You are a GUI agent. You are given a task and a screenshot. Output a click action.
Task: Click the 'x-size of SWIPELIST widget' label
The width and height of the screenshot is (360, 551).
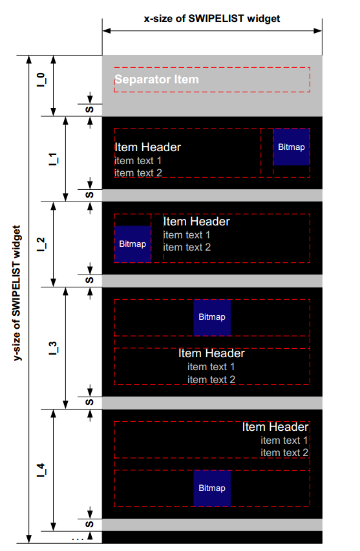212,18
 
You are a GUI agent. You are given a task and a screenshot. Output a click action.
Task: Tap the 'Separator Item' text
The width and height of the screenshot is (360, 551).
156,79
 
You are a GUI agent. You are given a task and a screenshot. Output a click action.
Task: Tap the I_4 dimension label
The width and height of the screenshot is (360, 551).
41,470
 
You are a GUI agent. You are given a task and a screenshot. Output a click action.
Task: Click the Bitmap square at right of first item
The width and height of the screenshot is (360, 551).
291,147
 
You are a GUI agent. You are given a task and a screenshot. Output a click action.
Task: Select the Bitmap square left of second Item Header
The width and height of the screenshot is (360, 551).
132,244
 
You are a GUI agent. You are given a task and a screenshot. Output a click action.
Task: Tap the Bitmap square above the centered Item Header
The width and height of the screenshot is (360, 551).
212,317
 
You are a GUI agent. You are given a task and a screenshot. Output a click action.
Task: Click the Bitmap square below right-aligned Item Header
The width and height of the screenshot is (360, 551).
212,488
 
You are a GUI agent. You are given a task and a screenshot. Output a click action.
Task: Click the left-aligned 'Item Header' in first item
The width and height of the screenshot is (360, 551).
147,147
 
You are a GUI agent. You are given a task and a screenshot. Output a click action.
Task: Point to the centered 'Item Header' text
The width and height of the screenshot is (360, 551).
211,353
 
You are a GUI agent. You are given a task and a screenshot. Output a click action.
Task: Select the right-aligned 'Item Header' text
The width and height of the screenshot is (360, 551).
275,427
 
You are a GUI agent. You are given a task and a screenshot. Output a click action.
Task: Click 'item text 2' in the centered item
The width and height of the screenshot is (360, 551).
211,379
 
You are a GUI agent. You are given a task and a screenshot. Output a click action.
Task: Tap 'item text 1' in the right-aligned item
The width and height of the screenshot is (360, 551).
284,440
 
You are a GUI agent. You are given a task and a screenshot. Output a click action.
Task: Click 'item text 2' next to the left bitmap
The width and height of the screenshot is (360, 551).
187,247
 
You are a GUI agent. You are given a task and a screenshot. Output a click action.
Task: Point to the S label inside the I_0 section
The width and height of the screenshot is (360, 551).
90,109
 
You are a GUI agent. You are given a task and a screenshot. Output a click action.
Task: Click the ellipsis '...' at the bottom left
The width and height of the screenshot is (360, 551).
77,537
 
